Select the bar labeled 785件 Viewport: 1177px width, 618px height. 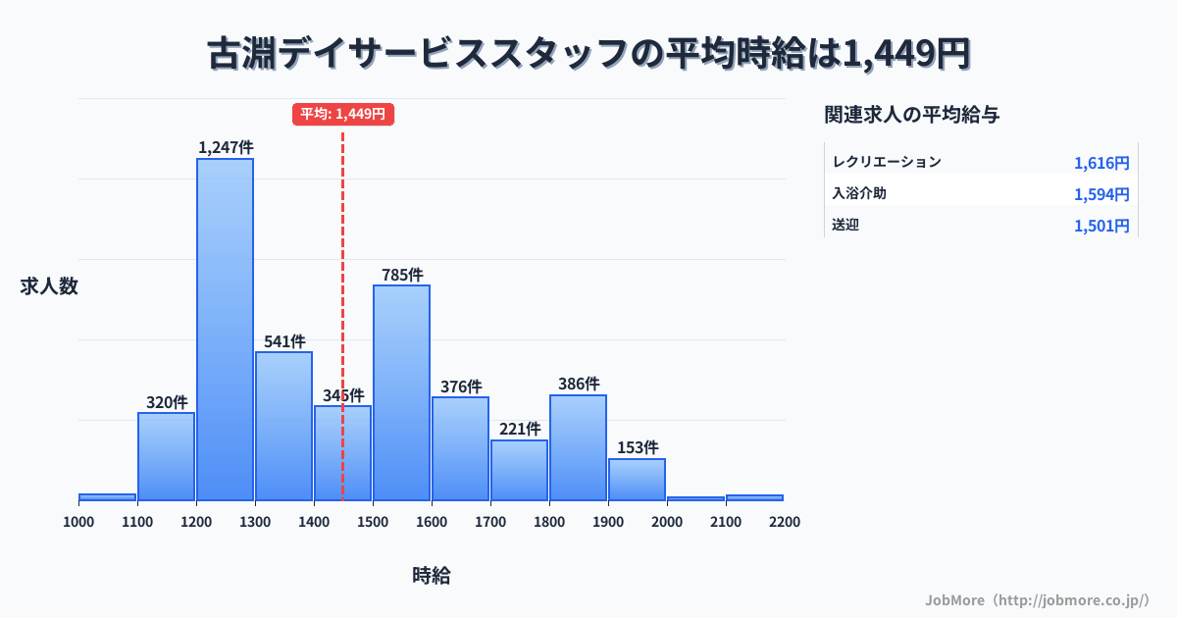401,392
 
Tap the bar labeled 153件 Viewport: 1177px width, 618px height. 637,480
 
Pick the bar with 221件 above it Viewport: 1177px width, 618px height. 519,470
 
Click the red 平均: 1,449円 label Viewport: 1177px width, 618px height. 343,114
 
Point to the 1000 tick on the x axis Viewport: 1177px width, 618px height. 78,522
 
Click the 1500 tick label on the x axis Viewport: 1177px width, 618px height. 373,522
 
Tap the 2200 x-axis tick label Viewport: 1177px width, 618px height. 785,522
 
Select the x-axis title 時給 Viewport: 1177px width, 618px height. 432,576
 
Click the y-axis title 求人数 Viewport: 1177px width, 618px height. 49,286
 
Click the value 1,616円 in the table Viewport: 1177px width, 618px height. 1100,163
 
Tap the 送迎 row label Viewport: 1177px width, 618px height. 844,225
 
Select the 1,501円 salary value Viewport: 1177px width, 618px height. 1100,226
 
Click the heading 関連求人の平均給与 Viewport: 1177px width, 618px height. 912,115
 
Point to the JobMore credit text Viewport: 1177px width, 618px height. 1037,599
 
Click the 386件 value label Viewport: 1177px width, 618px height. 579,385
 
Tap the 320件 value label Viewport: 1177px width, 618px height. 167,402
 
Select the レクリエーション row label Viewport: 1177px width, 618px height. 886,162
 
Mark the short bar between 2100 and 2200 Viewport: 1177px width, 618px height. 754,497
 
